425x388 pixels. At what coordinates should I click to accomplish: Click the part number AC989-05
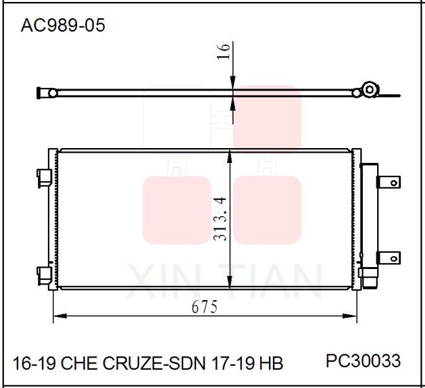[x=63, y=25]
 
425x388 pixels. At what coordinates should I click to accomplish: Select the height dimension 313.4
[x=221, y=220]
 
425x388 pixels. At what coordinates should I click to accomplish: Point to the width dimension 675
[x=204, y=307]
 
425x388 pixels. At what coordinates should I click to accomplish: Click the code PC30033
[x=363, y=360]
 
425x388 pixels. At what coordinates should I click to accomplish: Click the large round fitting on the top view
[x=370, y=90]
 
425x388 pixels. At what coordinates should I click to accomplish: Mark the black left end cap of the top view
[x=41, y=93]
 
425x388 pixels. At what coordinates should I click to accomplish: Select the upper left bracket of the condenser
[x=43, y=175]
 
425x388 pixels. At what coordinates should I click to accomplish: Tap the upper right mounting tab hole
[x=392, y=183]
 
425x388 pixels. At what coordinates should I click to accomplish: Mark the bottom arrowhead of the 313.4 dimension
[x=230, y=285]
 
